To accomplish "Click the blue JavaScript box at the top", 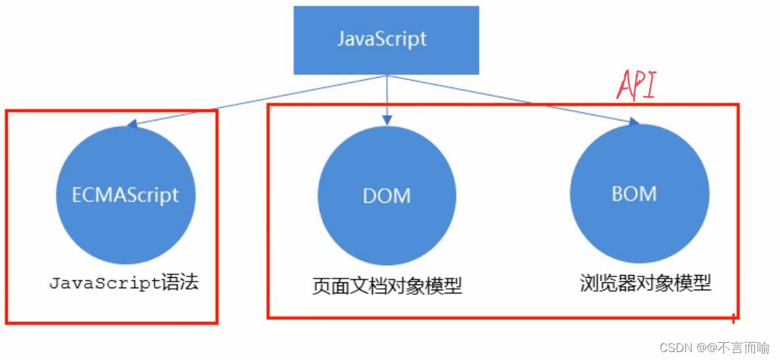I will click(x=386, y=39).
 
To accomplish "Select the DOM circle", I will click(x=386, y=195).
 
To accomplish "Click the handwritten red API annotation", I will click(x=636, y=86).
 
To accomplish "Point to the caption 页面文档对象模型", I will click(x=386, y=286).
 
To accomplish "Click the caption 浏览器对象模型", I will click(x=646, y=284).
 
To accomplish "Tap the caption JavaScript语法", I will click(x=124, y=284).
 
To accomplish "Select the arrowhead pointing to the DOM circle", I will click(x=387, y=120).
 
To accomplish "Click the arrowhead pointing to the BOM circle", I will click(x=634, y=122).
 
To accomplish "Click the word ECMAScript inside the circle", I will click(x=126, y=195).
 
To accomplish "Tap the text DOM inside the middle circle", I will click(x=386, y=195).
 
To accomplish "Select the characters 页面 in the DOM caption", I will click(x=330, y=286).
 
